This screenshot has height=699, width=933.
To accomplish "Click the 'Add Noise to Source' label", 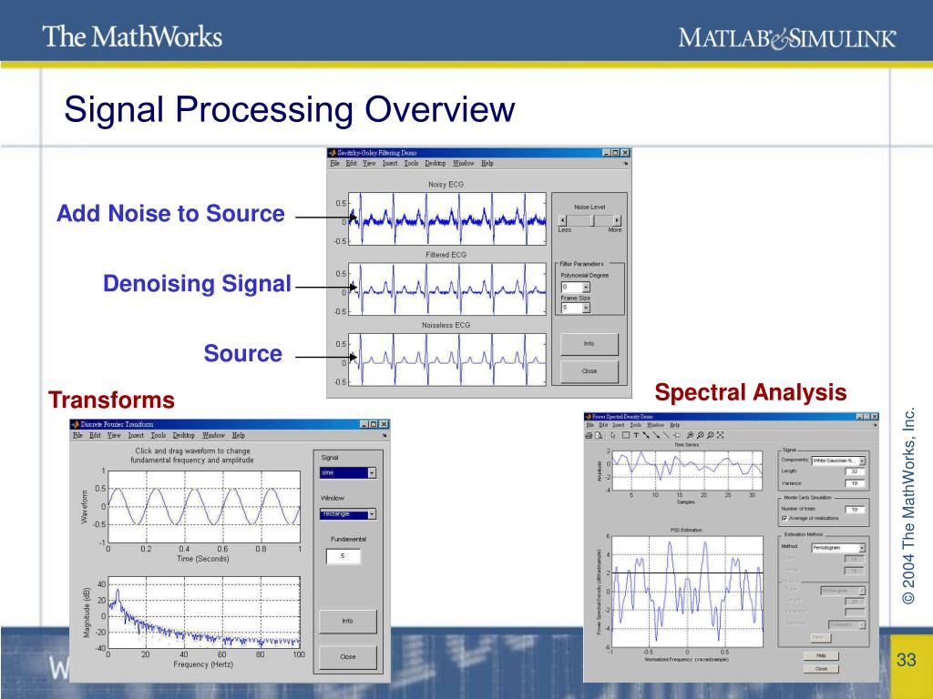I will (170, 215).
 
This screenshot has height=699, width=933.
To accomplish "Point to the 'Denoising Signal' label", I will (197, 284).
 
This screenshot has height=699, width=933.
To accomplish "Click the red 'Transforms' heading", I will (111, 400).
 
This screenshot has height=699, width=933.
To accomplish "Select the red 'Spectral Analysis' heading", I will (751, 393).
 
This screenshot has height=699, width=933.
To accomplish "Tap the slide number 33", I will (906, 660).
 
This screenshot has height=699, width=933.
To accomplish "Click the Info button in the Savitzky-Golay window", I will (590, 344).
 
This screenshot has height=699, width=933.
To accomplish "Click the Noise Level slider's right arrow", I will (618, 220).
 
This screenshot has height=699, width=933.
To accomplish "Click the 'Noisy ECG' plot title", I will (446, 185).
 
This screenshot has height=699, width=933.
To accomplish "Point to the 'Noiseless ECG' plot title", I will (446, 325).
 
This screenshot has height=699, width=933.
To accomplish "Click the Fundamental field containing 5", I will (342, 555).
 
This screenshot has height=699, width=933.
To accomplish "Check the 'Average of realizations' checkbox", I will (784, 519).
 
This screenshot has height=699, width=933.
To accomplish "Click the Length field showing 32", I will (854, 471).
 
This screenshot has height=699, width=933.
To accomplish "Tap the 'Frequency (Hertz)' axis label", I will (203, 664).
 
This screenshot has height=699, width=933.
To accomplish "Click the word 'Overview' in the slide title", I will (440, 111).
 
